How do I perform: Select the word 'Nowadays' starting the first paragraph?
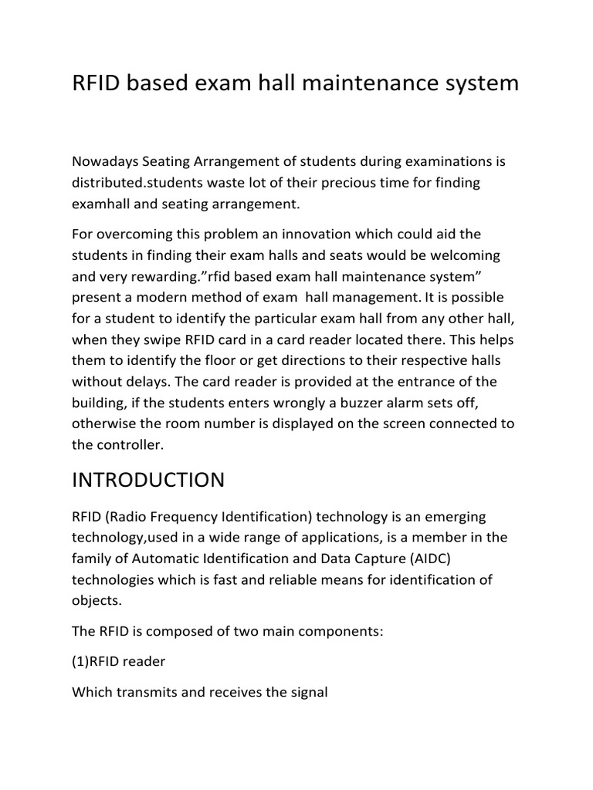(103, 161)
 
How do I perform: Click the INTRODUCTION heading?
(148, 481)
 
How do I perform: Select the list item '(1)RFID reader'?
(118, 661)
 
